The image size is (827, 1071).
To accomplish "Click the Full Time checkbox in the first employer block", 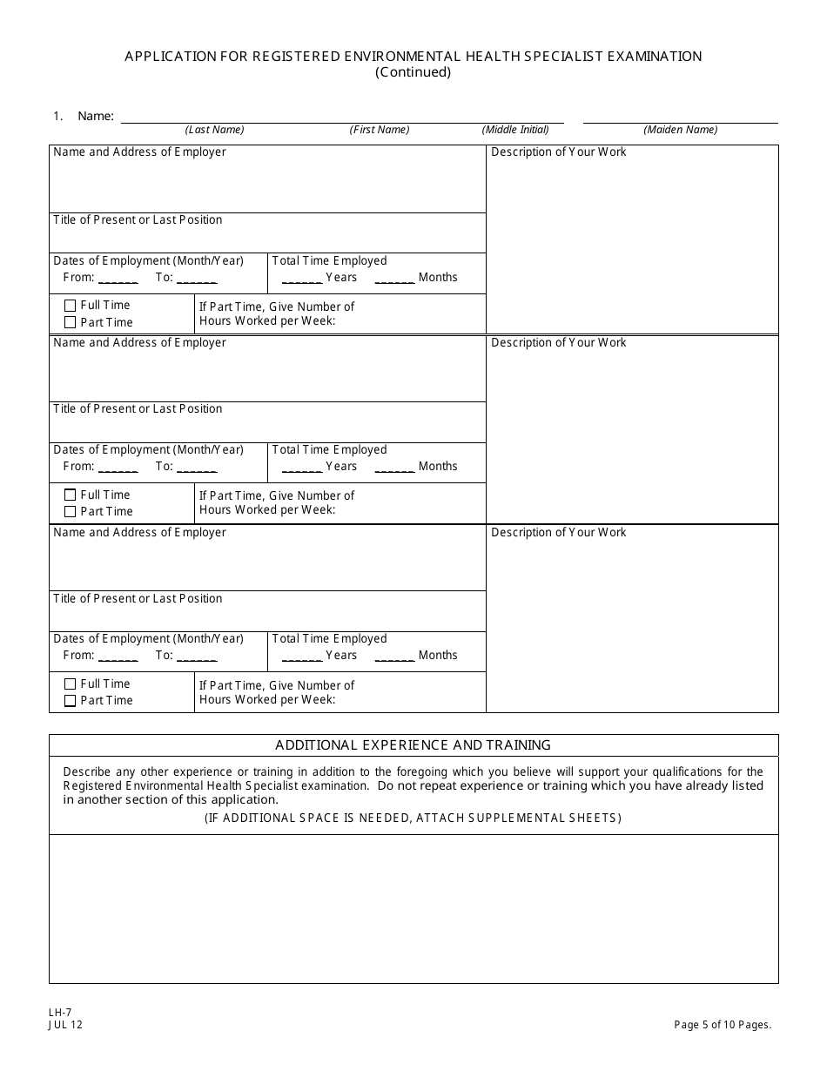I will (71, 306).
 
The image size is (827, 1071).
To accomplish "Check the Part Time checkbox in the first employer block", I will (71, 322).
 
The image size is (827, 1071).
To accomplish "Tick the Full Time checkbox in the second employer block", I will (71, 495).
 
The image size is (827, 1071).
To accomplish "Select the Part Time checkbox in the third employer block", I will (71, 701).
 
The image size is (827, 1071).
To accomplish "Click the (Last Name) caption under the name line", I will (214, 130).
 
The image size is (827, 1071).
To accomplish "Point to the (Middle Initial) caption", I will (515, 130).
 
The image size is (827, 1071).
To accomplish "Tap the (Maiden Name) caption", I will (680, 130).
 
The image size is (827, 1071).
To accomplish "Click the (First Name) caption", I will (380, 130).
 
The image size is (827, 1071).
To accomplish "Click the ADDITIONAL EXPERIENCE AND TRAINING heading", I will (413, 745).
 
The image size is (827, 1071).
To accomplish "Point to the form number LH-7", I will (60, 1013).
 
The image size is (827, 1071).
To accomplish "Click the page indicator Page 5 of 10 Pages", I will (723, 1025).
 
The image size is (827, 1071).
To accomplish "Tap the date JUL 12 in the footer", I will (66, 1025).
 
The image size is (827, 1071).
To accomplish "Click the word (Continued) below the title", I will (413, 72).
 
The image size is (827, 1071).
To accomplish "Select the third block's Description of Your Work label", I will (558, 533).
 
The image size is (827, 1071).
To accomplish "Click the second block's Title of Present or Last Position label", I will (138, 409).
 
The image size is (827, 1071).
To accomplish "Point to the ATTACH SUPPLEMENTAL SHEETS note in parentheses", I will (413, 818).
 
